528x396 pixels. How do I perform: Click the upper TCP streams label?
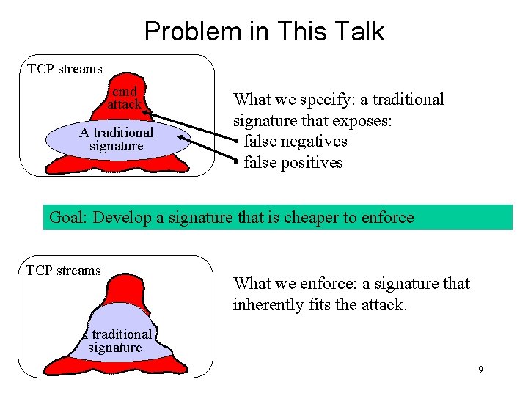(x=65, y=70)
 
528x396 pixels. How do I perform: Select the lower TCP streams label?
(x=63, y=271)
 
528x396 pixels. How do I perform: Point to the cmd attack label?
(x=124, y=98)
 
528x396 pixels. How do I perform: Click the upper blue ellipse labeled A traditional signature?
(x=117, y=139)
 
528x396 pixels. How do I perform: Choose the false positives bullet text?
(x=293, y=163)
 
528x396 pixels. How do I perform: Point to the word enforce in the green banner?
(x=386, y=218)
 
